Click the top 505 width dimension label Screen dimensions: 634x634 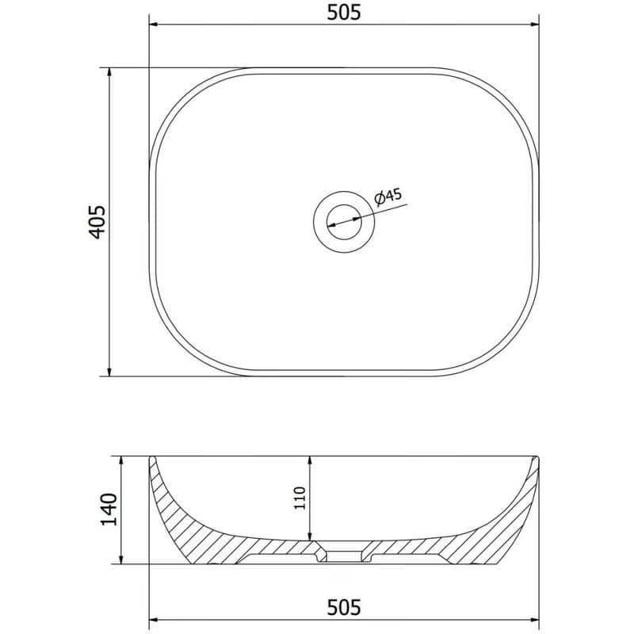tap(344, 13)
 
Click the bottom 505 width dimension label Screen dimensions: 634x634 tap(344, 607)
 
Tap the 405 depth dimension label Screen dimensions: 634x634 tap(97, 222)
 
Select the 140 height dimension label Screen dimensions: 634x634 tap(109, 509)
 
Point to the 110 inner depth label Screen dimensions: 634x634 tap(300, 498)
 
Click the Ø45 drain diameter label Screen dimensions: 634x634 tap(388, 196)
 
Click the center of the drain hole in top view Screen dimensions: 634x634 tap(344, 222)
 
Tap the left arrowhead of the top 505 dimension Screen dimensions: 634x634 tap(154, 25)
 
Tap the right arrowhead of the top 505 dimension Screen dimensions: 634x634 tap(534, 25)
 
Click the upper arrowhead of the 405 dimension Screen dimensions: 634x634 tap(109, 72)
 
